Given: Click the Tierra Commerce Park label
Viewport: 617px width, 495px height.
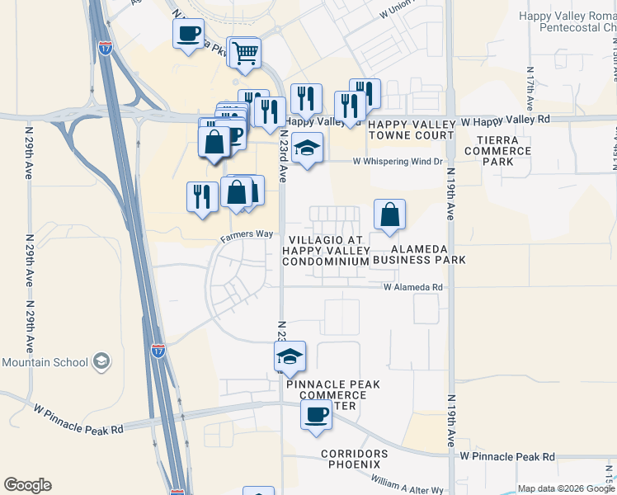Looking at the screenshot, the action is (x=497, y=151).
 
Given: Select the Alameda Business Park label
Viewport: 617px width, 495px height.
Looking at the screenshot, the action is (x=419, y=254).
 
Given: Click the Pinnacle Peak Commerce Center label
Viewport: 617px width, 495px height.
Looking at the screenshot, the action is (x=327, y=395).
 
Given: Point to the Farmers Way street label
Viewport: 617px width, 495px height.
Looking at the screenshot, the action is (x=246, y=234).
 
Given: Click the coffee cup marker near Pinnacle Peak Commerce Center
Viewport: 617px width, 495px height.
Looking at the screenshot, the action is (x=315, y=415).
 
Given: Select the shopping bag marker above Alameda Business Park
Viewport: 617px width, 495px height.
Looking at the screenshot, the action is (x=389, y=214).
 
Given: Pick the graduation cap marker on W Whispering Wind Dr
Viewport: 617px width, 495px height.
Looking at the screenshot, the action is (x=308, y=148).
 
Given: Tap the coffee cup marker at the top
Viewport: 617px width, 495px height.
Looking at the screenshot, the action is (x=189, y=35).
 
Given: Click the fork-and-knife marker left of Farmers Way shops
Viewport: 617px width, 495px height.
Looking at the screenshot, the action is (x=202, y=196).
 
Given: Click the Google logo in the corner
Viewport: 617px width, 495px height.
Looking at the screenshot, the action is (x=27, y=485).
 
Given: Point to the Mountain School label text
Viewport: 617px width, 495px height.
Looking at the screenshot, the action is (x=45, y=362).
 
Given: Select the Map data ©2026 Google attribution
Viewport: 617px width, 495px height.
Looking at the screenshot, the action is (x=566, y=488).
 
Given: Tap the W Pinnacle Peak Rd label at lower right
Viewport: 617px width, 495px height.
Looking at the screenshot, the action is (x=507, y=456).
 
